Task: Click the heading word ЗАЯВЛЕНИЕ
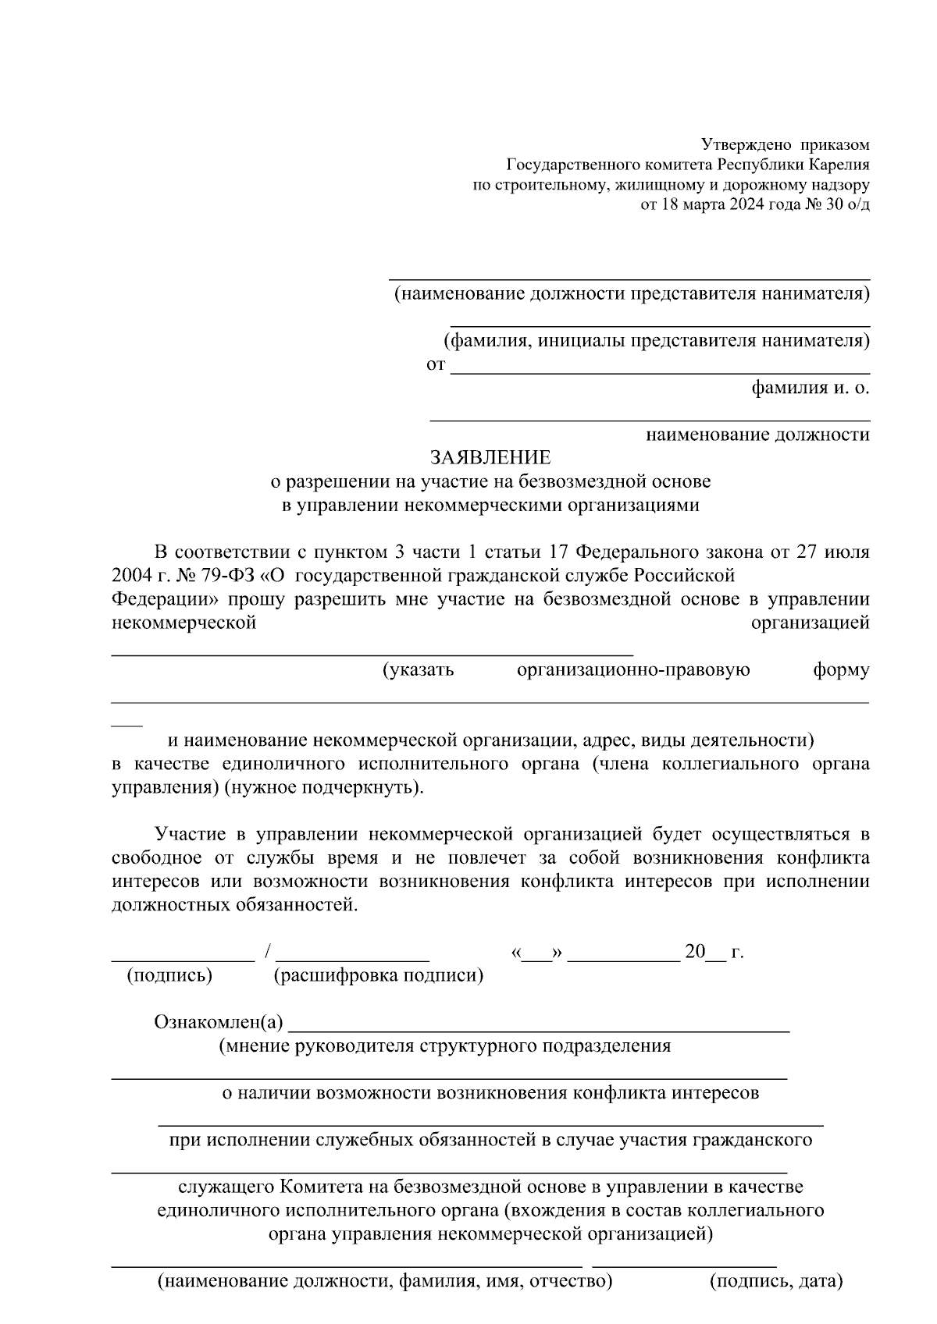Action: [490, 457]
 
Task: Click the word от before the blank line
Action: [435, 364]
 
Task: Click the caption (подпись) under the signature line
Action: [169, 975]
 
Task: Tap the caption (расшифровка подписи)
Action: [378, 975]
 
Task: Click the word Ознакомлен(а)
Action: [219, 1022]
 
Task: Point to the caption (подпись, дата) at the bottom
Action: [776, 1281]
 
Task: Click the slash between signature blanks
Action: [268, 951]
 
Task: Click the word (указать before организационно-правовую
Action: [418, 670]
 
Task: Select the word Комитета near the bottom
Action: [317, 1187]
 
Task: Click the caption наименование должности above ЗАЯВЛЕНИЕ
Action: [757, 435]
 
